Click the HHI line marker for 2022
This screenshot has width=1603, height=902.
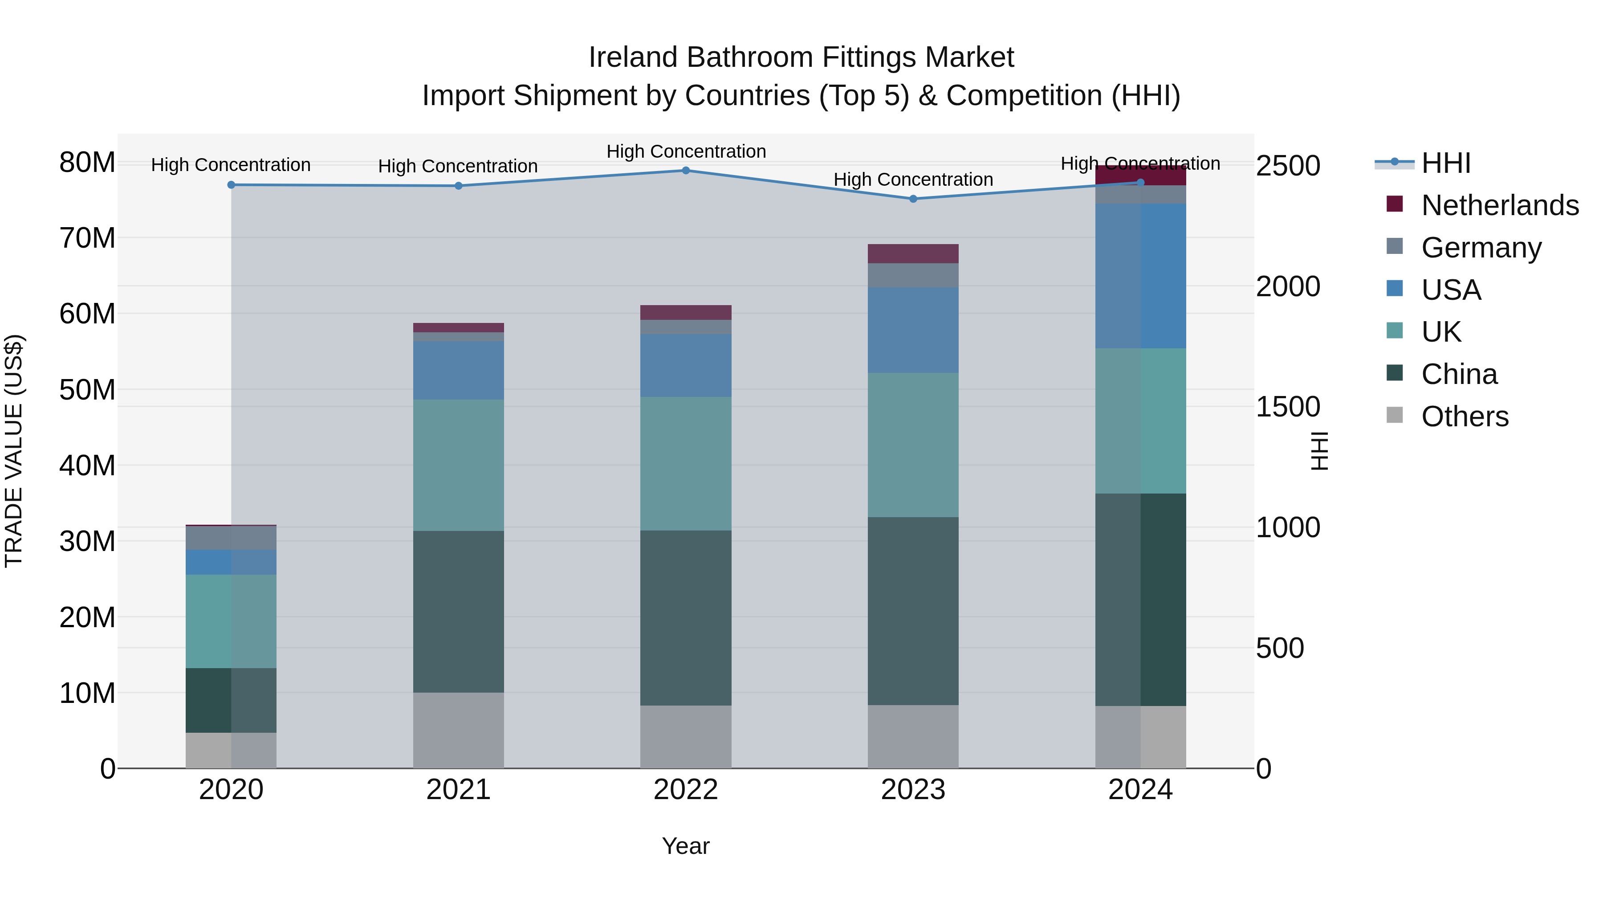click(686, 171)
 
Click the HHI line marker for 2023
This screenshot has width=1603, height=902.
click(913, 199)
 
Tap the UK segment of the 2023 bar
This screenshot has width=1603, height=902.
click(913, 445)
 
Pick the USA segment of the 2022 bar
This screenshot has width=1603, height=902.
click(686, 366)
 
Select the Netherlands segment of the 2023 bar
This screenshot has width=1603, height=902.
click(913, 254)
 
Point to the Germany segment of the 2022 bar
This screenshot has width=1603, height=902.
click(686, 327)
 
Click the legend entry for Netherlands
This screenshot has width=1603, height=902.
click(1500, 205)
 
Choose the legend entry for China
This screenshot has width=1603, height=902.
click(1459, 374)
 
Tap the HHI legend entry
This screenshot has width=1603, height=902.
click(1445, 163)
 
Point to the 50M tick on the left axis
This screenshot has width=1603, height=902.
click(87, 390)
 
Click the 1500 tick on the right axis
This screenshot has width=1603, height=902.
click(1287, 407)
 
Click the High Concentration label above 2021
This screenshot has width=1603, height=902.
click(458, 166)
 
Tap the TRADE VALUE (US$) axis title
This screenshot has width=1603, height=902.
click(14, 451)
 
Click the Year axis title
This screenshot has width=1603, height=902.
click(686, 846)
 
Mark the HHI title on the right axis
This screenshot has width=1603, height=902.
click(1319, 451)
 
